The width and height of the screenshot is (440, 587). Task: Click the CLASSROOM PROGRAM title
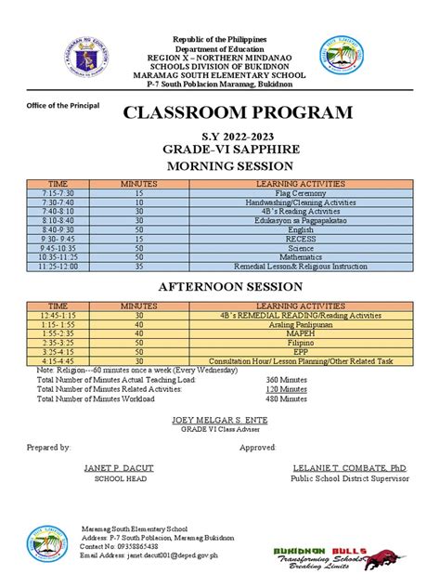tap(238, 113)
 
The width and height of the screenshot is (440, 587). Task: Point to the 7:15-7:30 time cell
tap(58, 192)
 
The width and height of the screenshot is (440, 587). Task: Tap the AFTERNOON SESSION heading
tap(236, 287)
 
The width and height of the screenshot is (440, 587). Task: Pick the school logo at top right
tap(343, 58)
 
